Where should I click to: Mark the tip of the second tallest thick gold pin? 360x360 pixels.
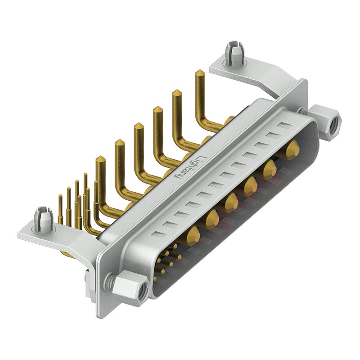point(177,93)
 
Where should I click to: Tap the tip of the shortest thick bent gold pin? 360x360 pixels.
point(100,159)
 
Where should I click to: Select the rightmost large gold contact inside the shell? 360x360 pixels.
point(292,148)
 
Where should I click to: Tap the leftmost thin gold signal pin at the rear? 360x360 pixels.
point(60,198)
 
